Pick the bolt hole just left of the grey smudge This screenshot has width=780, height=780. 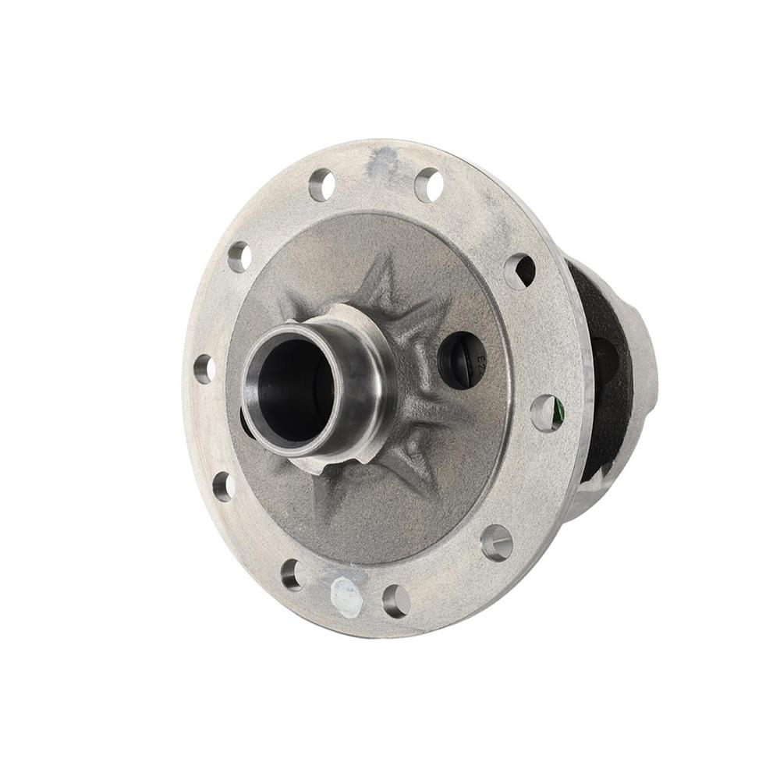point(321,185)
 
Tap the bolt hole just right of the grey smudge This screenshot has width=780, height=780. point(428,185)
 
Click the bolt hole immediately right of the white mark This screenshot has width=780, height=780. point(396,600)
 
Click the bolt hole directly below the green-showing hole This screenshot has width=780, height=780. point(497,541)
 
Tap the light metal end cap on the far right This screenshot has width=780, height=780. point(643,367)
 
